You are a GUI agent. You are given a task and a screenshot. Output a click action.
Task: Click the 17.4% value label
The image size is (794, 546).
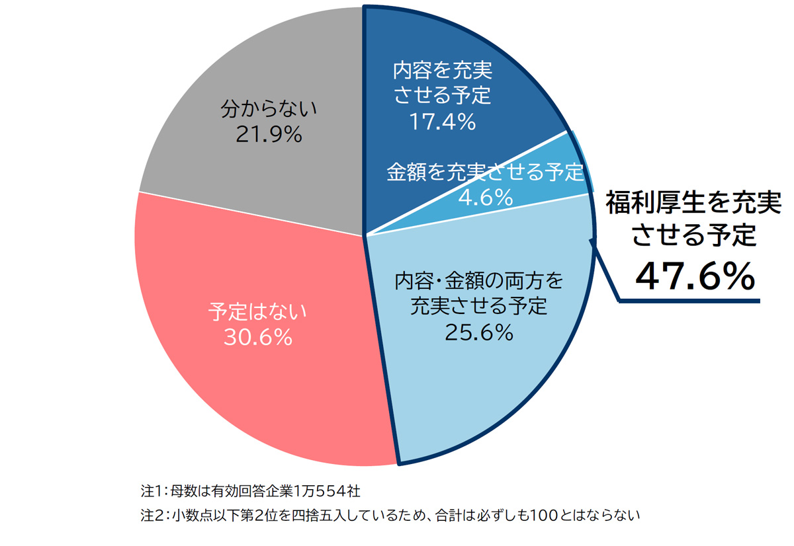pyautogui.click(x=443, y=122)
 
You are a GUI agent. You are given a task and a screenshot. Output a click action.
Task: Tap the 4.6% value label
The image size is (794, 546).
pyautogui.click(x=486, y=197)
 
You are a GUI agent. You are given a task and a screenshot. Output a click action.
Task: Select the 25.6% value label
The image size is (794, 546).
pyautogui.click(x=479, y=332)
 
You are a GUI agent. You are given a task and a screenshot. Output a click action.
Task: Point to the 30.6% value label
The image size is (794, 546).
pyautogui.click(x=257, y=337)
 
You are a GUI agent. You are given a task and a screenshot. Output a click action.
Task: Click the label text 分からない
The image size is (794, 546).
pyautogui.click(x=269, y=108)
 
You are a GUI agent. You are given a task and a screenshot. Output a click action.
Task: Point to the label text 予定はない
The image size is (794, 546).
pyautogui.click(x=258, y=311)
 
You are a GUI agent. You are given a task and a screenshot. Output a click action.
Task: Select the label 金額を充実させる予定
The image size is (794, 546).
pyautogui.click(x=486, y=173)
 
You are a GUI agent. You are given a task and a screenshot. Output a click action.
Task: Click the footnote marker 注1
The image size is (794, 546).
pyautogui.click(x=150, y=492)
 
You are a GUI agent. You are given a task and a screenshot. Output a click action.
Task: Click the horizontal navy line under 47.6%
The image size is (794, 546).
pyautogui.click(x=688, y=301)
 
